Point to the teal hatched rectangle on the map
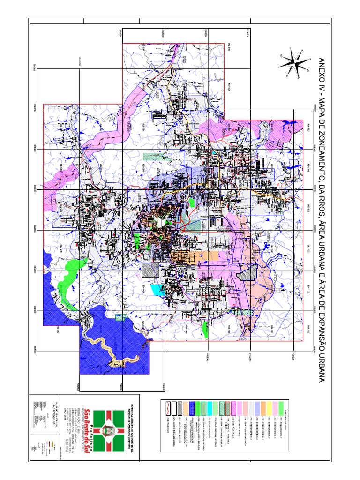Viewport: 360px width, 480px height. click(x=150, y=157)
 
